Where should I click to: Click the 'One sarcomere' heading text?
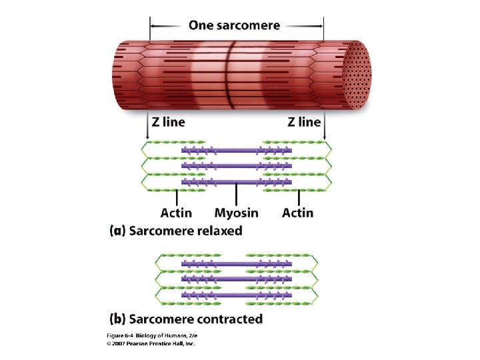(234, 25)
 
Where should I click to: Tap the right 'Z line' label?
(304, 122)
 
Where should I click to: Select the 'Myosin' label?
(236, 213)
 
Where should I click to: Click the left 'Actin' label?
(176, 213)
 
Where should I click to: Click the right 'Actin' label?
(297, 213)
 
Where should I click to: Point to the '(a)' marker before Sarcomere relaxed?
(117, 231)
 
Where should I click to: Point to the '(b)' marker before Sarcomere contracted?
(117, 319)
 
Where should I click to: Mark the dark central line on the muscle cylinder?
(227, 73)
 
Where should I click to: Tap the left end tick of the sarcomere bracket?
(150, 27)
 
